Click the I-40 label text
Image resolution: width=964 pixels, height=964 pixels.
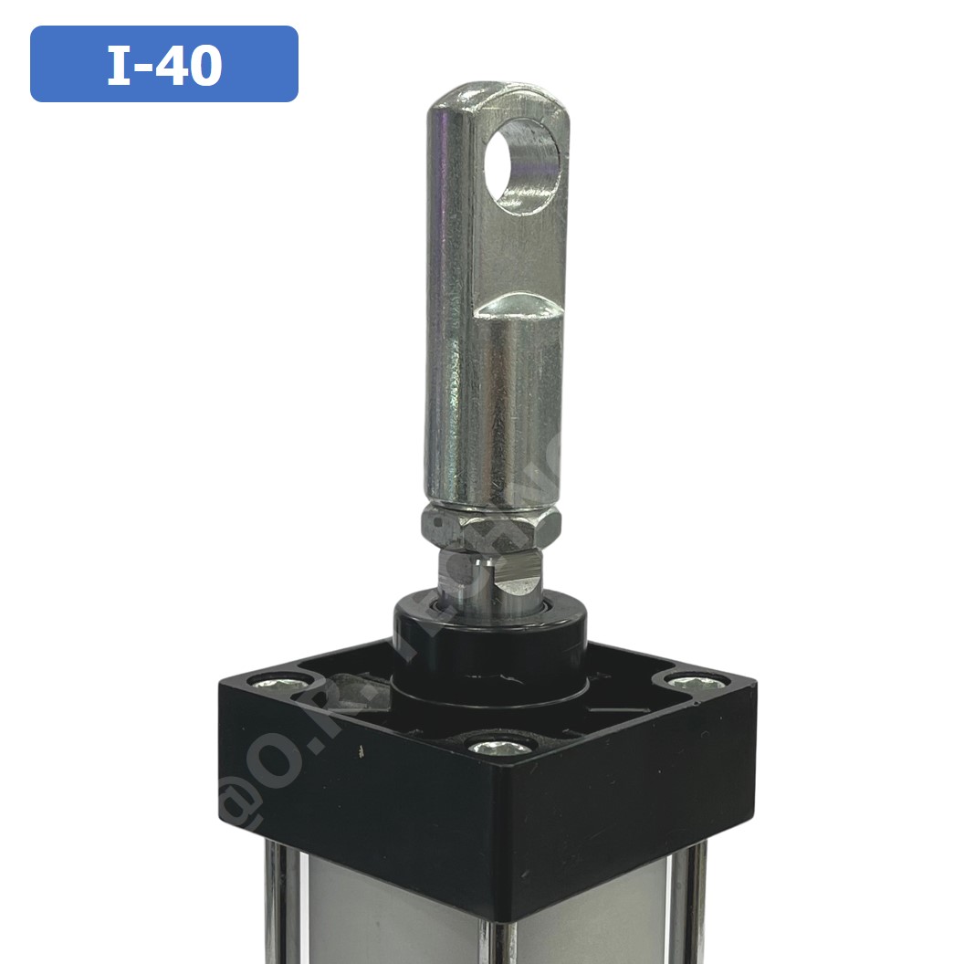tap(164, 65)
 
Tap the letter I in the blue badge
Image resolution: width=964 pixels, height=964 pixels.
tap(120, 65)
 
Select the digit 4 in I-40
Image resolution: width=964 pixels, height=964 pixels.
tap(173, 65)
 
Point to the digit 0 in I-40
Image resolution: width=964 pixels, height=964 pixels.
tap(206, 65)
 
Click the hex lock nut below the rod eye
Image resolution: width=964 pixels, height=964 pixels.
tap(490, 527)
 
